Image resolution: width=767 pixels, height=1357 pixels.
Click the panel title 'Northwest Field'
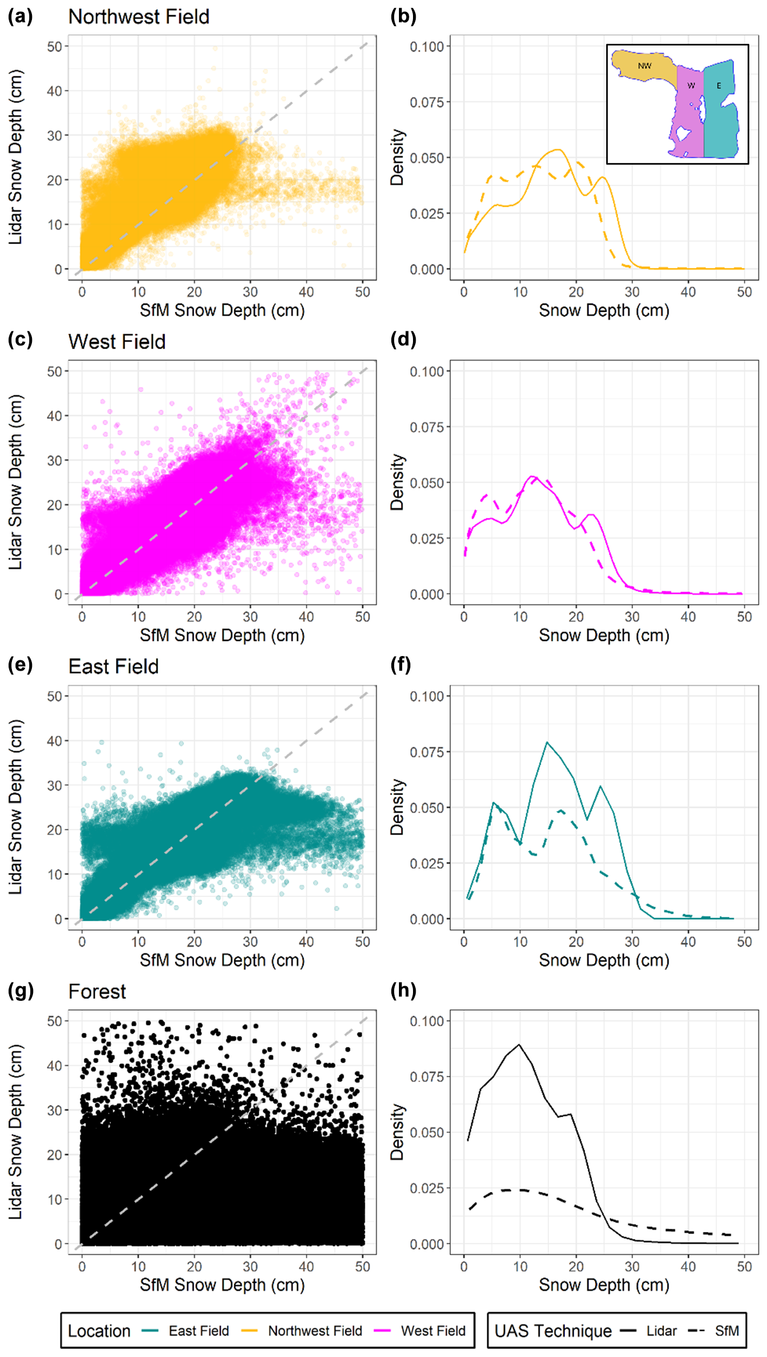pos(139,17)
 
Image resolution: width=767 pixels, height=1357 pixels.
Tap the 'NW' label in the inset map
pos(644,66)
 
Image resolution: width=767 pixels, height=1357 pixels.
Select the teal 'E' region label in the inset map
pos(719,86)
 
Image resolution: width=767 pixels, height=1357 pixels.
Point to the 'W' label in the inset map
pos(691,86)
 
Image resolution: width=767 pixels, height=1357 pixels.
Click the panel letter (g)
pos(21,991)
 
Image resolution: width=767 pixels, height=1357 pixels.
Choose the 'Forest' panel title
pos(97,992)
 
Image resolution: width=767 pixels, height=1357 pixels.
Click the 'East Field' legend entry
pos(198,1330)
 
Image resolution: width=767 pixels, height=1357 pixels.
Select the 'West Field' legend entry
pos(432,1330)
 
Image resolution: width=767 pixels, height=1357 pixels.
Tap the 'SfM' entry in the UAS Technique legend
pos(726,1330)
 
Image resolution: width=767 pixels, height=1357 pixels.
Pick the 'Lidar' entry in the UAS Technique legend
pos(661,1330)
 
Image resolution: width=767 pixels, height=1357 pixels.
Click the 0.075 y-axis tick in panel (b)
pos(427,102)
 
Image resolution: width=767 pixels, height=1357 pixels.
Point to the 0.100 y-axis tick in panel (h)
pos(427,1021)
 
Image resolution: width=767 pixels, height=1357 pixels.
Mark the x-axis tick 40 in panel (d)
pos(688,617)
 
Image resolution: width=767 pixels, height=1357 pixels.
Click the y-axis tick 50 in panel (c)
pos(54,371)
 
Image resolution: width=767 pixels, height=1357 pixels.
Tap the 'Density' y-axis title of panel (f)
pos(397,807)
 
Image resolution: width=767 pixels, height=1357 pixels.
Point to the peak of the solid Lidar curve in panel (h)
pos(520,1045)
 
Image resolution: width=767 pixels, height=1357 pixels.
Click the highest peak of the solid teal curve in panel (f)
pos(547,742)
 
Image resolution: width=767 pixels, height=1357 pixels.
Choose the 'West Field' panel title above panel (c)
pos(116,342)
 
